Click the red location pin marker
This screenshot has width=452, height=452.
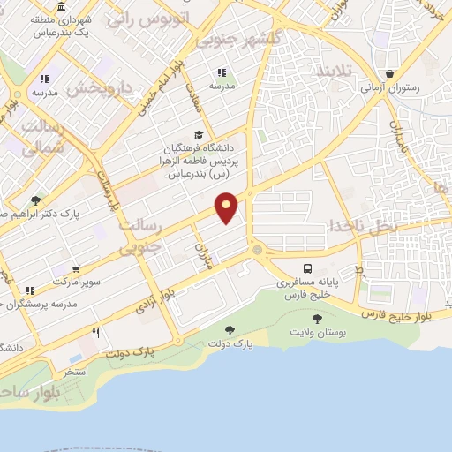coord(227,207)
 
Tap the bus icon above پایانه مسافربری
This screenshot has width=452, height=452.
coord(306,268)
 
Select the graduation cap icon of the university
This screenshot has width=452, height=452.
coord(199,134)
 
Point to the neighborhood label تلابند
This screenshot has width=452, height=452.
coord(335,69)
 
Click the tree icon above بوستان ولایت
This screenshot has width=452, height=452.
coord(317,318)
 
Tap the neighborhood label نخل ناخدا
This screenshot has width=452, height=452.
coord(364,226)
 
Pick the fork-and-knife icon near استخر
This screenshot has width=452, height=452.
coord(95,334)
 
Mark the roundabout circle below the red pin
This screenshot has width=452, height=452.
coord(257,251)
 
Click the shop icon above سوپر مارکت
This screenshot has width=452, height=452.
coord(76,269)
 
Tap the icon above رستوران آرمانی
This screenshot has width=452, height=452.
coord(389,74)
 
